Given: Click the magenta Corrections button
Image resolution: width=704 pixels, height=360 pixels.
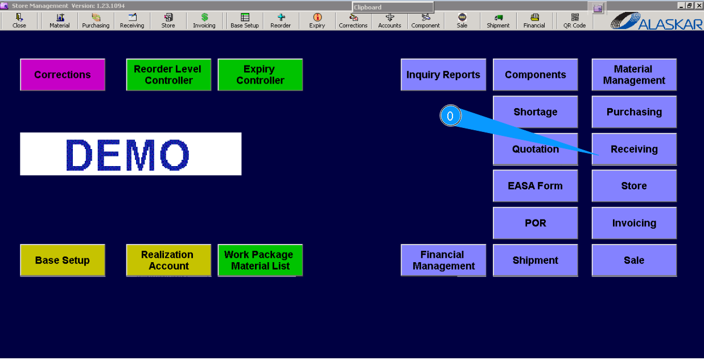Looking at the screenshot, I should (63, 75).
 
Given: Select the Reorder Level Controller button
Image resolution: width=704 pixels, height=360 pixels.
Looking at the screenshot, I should (168, 75).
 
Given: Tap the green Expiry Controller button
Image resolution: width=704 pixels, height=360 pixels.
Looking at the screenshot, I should (260, 75).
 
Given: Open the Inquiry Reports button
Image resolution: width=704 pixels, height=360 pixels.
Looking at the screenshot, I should (443, 75).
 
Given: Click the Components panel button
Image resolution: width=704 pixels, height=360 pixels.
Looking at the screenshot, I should (535, 75).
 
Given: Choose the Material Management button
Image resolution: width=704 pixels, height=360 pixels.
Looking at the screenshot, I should (634, 75).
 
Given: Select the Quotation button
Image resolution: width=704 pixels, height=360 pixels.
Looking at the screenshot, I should (535, 149).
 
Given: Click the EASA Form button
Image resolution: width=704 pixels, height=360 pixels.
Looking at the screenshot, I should (535, 186).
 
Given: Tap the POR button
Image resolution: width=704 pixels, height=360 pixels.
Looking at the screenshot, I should (535, 223).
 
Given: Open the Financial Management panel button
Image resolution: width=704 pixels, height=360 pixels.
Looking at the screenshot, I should (443, 260).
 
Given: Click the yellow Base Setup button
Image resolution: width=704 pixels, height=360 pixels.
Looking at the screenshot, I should (63, 260).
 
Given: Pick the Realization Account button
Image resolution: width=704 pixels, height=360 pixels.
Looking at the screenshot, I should (168, 260).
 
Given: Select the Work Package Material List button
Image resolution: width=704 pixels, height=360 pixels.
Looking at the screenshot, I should (260, 260).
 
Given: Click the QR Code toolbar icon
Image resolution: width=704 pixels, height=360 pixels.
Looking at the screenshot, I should (574, 21).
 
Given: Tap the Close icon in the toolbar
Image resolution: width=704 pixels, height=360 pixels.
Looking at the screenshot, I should (19, 21).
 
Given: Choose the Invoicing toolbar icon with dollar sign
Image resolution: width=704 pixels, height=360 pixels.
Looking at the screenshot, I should (204, 21).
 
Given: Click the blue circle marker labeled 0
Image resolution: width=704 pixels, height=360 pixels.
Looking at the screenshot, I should (450, 116).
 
